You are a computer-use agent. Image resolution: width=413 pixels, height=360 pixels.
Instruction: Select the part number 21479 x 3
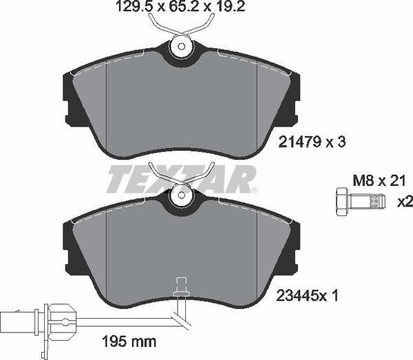(310, 142)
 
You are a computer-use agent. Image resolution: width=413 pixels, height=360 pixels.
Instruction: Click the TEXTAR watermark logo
(180, 181)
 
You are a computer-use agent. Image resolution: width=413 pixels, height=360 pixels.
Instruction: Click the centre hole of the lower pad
(180, 198)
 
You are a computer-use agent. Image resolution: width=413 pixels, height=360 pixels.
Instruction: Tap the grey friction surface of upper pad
(180, 103)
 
